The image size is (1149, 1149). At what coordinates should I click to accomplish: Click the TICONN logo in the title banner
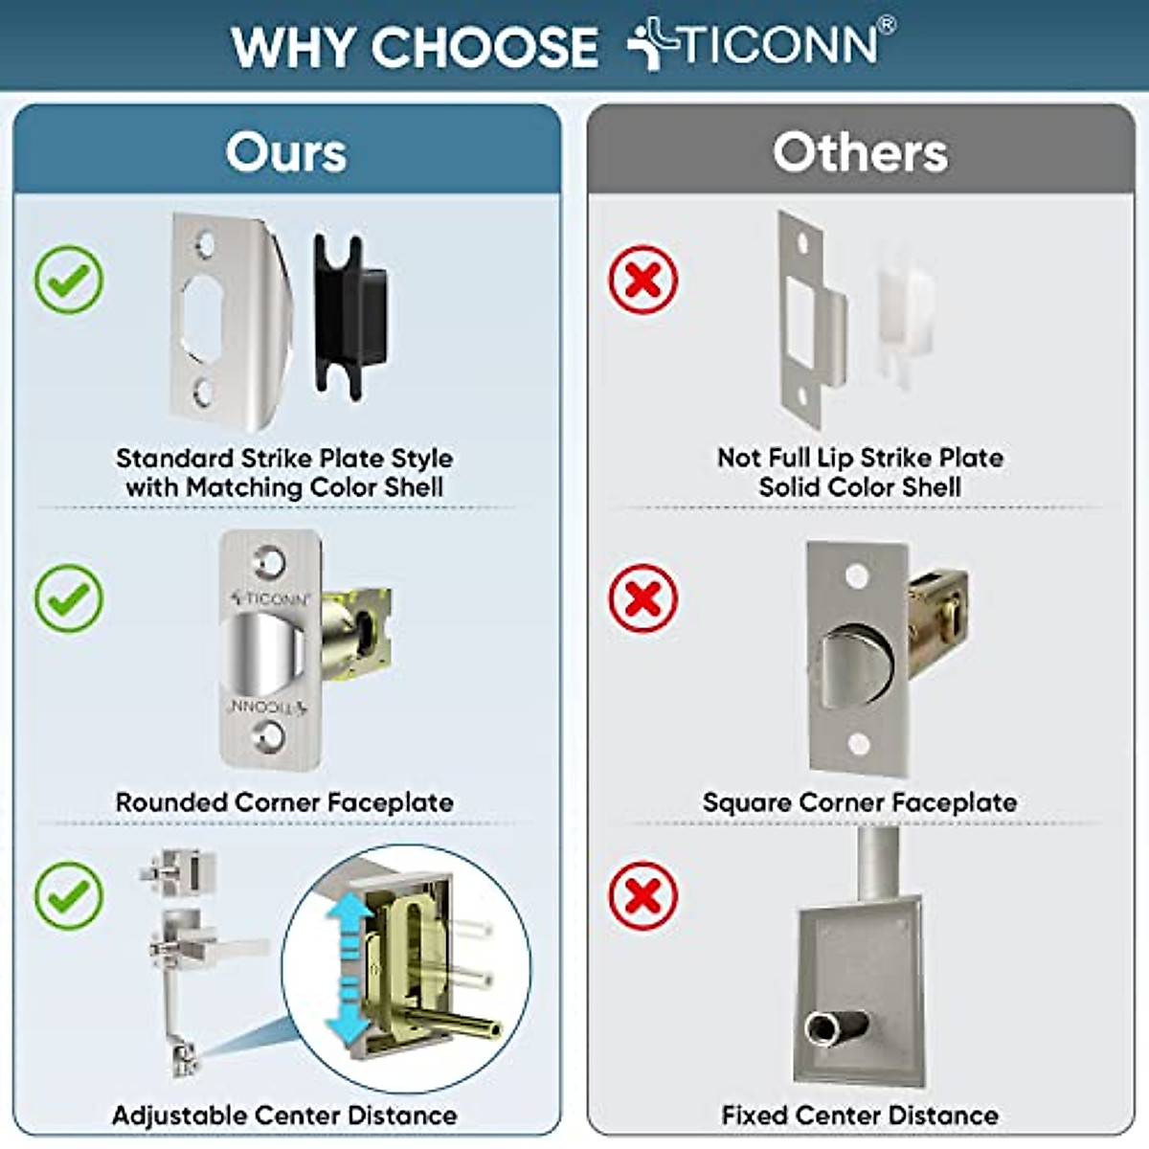(x=761, y=45)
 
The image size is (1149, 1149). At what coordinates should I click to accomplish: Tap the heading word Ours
(x=286, y=152)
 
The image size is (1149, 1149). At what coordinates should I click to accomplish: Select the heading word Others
(x=860, y=152)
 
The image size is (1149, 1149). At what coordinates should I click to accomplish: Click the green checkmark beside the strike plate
(x=69, y=280)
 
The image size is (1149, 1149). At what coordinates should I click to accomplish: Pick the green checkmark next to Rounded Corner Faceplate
(x=69, y=598)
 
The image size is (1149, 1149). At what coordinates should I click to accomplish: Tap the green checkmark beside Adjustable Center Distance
(x=69, y=895)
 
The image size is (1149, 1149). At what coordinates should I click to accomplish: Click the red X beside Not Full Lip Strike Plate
(x=643, y=280)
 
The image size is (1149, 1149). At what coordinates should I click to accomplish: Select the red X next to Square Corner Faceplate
(x=643, y=598)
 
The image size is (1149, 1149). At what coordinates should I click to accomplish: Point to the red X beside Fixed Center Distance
(x=643, y=895)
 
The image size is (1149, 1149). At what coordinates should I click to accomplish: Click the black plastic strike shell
(x=350, y=316)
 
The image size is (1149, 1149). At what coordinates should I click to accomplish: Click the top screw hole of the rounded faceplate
(x=269, y=561)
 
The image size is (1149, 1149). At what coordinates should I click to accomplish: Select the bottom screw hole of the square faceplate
(x=859, y=743)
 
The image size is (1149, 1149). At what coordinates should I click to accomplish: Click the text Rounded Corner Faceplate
(x=284, y=802)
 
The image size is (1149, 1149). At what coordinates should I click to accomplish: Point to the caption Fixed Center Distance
(x=860, y=1115)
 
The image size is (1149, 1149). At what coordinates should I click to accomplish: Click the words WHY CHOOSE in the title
(x=415, y=47)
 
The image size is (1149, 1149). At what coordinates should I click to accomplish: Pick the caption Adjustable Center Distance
(x=284, y=1115)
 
